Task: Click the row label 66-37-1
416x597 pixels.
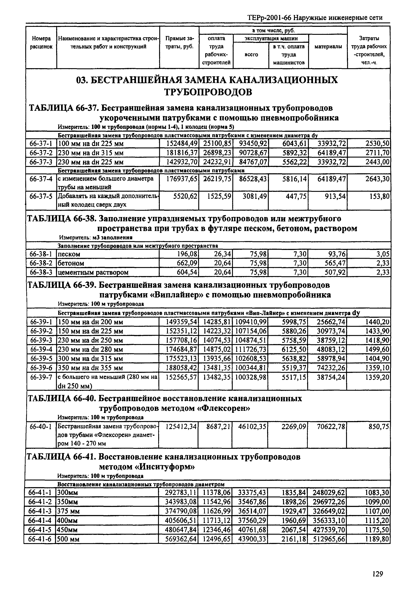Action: click(x=41, y=144)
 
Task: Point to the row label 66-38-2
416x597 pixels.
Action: click(x=41, y=263)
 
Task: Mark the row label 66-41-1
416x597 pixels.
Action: click(x=40, y=492)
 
